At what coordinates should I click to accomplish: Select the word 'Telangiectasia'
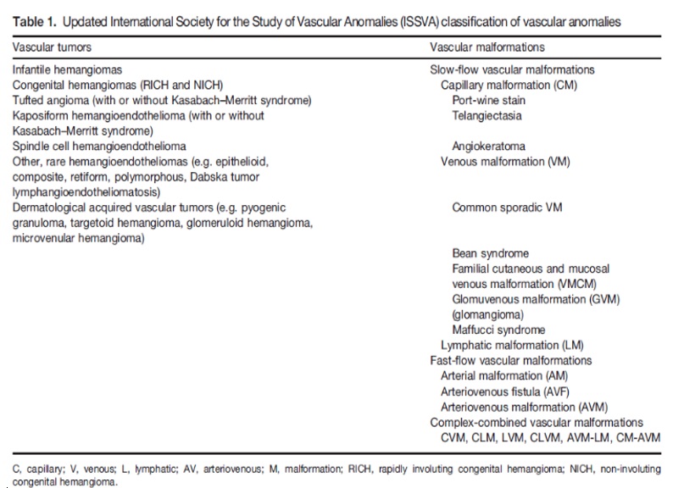[487, 115]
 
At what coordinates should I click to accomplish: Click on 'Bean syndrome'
[490, 253]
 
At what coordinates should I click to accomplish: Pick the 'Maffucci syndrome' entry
[498, 330]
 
